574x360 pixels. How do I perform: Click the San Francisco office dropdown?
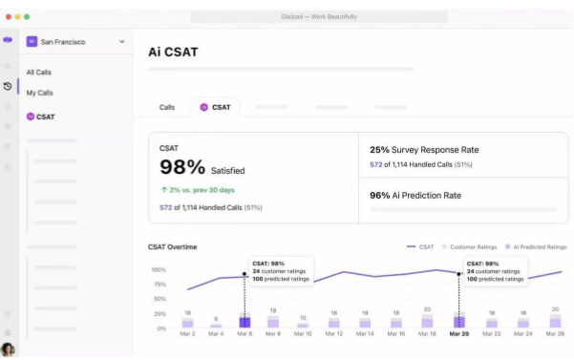click(76, 42)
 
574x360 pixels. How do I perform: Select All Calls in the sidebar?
click(39, 72)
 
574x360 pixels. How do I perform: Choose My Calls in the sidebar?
click(39, 93)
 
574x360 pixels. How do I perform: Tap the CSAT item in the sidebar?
click(45, 116)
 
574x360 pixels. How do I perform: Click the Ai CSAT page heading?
click(173, 52)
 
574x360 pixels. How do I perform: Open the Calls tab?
click(167, 107)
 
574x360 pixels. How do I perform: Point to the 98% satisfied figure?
click(183, 168)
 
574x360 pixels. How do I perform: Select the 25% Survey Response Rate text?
click(424, 150)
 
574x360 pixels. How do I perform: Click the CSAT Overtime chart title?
click(173, 247)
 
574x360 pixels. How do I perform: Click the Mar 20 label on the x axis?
click(458, 334)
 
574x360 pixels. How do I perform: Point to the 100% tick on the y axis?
click(159, 269)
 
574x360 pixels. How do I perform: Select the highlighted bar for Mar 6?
click(244, 322)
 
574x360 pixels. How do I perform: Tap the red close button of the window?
click(8, 16)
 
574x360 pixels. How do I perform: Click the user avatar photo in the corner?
click(8, 349)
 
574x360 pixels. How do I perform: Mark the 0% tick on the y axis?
click(161, 328)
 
